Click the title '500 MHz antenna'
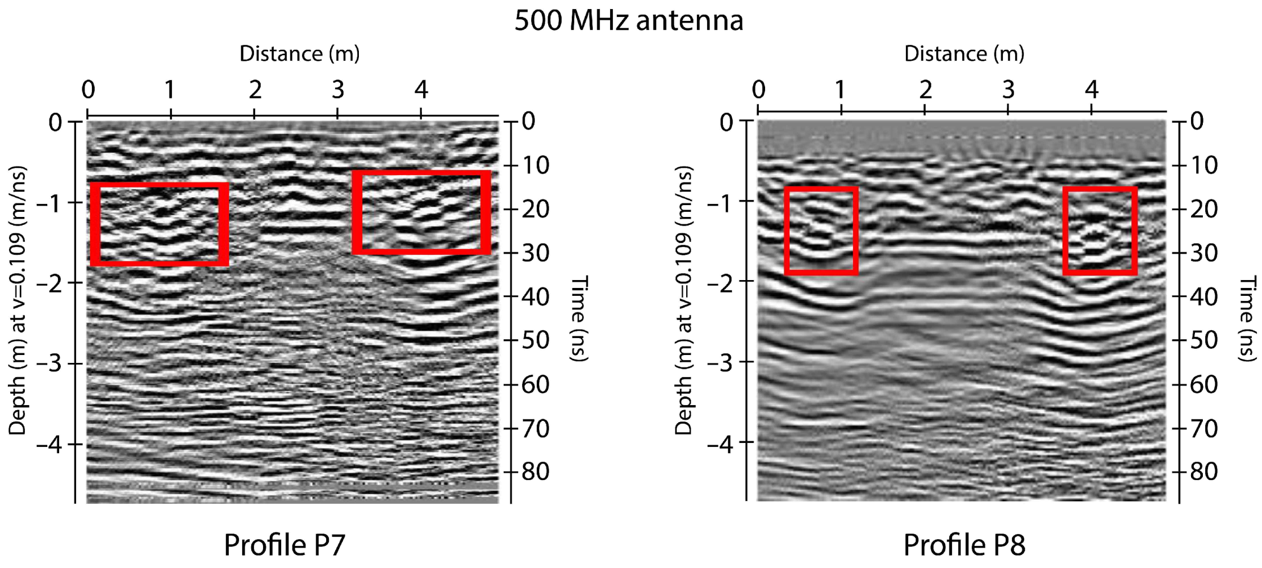[x=629, y=20]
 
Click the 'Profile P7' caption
[x=285, y=545]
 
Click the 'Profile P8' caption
[x=964, y=545]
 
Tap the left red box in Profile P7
[x=159, y=224]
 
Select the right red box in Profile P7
[x=421, y=212]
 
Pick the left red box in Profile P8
[x=821, y=231]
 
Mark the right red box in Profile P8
[x=1100, y=231]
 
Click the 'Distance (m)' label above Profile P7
[x=299, y=54]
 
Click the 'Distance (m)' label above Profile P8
[x=964, y=54]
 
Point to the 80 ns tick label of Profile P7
[x=535, y=472]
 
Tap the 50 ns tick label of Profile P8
[x=1204, y=340]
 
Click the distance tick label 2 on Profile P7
[x=255, y=90]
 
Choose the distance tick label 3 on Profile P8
[x=1008, y=90]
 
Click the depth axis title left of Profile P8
[x=683, y=300]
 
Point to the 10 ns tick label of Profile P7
[x=535, y=166]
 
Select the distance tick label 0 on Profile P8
[x=758, y=90]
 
